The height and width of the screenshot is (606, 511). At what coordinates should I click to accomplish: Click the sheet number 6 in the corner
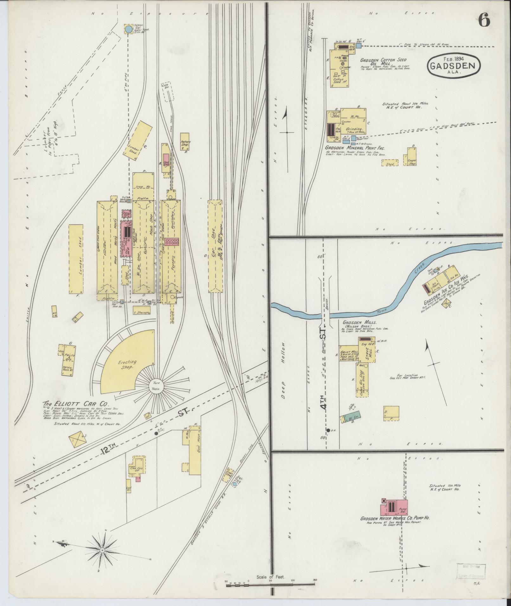(x=484, y=21)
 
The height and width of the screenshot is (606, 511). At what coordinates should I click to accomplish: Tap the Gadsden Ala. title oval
(x=454, y=66)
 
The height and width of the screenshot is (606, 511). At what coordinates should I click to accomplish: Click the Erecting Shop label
(x=128, y=365)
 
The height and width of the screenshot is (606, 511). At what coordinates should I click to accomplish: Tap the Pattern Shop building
(x=185, y=141)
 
